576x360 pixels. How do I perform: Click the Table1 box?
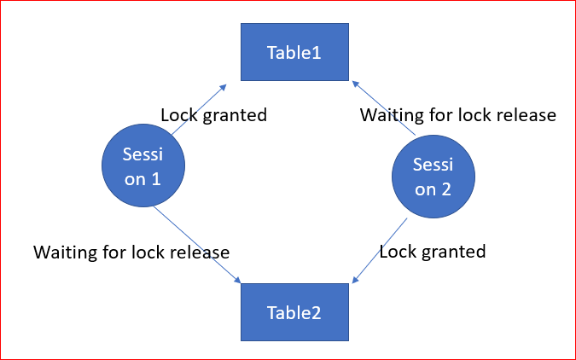[x=294, y=53]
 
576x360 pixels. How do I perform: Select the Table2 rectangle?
[x=294, y=311]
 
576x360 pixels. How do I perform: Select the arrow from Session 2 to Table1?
[x=383, y=108]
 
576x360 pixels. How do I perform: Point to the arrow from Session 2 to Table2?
[x=380, y=249]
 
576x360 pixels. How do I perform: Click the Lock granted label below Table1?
[x=213, y=115]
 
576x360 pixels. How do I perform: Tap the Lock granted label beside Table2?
[x=432, y=252]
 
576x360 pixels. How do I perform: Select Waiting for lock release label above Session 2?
[x=458, y=115]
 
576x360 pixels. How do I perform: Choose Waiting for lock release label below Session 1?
[x=131, y=253]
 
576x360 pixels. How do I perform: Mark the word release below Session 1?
[x=202, y=253]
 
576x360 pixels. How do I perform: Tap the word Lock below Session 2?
[x=396, y=252]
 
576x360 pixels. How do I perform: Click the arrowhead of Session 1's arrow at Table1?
[x=223, y=86]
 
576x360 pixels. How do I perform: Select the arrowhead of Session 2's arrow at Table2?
[x=355, y=280]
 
